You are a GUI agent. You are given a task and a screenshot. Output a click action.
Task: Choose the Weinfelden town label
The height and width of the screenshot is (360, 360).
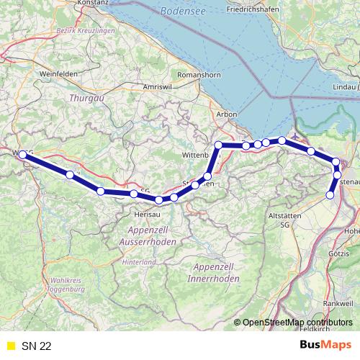tap(59, 73)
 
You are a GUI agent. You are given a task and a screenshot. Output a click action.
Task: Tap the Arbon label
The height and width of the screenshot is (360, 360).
tap(226, 114)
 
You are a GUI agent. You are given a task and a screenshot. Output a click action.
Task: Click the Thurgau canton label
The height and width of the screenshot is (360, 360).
tap(82, 97)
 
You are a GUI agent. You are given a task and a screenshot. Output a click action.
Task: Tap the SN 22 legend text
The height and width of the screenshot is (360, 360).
tap(36, 346)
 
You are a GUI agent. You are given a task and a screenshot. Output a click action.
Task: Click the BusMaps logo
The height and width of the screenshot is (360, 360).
tap(325, 346)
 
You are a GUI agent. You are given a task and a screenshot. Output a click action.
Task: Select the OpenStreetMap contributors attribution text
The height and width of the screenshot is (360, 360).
tap(297, 323)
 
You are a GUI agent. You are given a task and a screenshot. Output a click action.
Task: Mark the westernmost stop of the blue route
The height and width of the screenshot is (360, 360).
tap(22, 155)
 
